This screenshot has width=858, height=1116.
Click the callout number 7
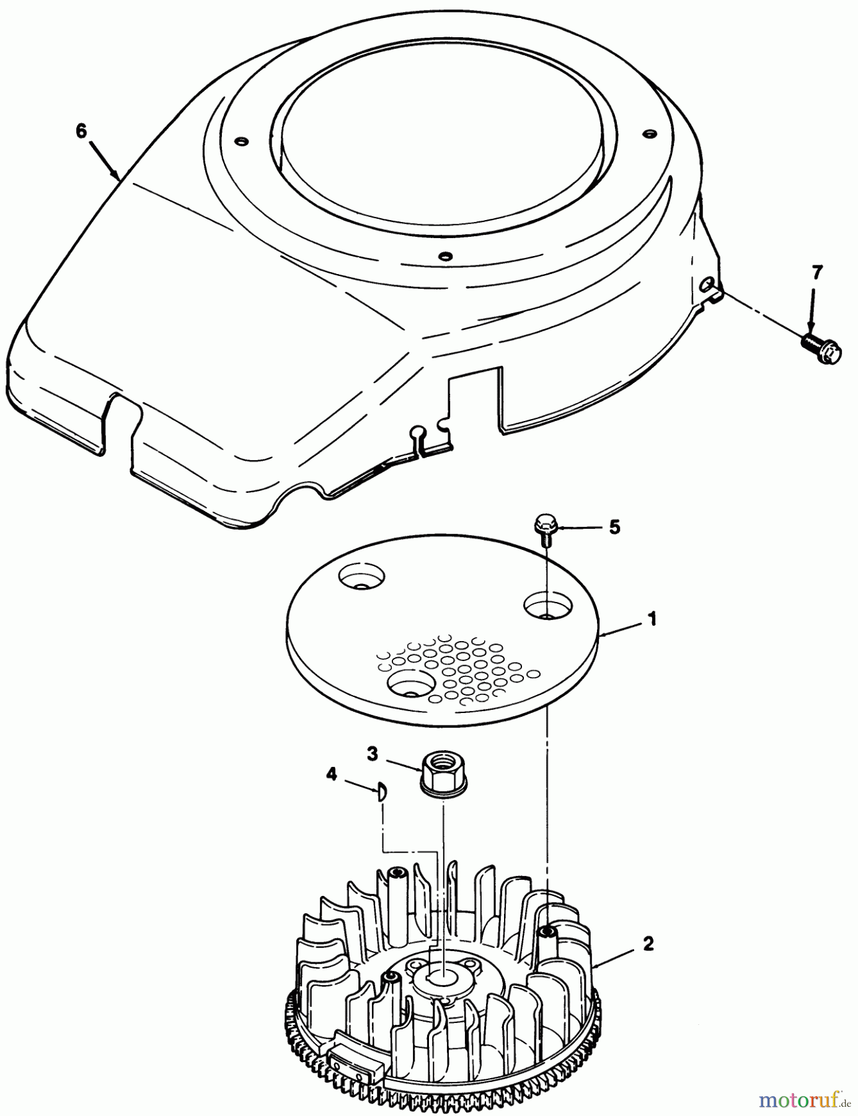(x=817, y=273)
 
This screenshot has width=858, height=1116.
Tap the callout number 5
(x=614, y=527)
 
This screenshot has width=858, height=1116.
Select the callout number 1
(x=652, y=619)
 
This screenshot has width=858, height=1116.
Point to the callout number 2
(x=648, y=944)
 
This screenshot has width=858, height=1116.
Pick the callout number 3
(x=372, y=755)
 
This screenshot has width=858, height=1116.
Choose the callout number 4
(x=332, y=774)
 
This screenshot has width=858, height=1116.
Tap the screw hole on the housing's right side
(x=705, y=285)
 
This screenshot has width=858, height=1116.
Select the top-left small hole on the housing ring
(x=242, y=142)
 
